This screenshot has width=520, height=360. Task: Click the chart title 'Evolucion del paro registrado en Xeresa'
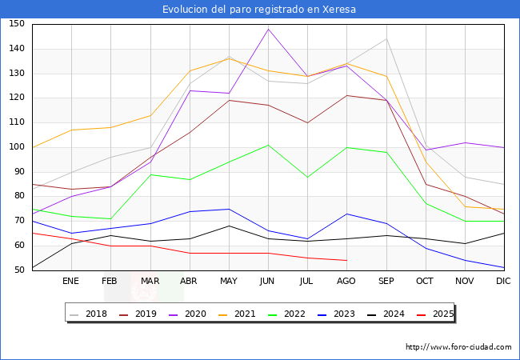[259, 10]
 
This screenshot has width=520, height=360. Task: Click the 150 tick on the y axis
[17, 24]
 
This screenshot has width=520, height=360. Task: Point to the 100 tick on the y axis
[17, 147]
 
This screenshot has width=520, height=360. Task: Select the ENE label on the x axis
[71, 282]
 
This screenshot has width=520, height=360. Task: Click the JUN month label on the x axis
[268, 282]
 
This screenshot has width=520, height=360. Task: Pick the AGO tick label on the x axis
[346, 282]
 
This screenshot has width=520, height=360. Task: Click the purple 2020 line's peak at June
[268, 29]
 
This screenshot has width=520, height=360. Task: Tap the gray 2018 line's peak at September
[386, 38]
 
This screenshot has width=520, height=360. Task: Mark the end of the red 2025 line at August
[346, 260]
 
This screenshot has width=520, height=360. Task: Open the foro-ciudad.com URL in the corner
[458, 347]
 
